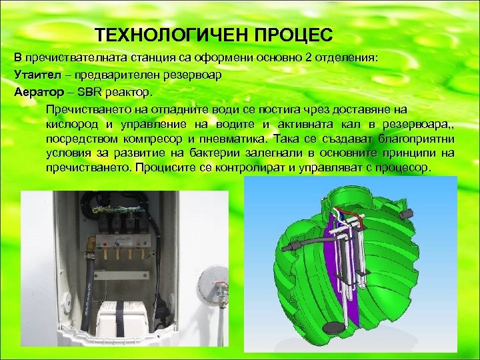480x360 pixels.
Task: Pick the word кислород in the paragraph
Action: [69, 125]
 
